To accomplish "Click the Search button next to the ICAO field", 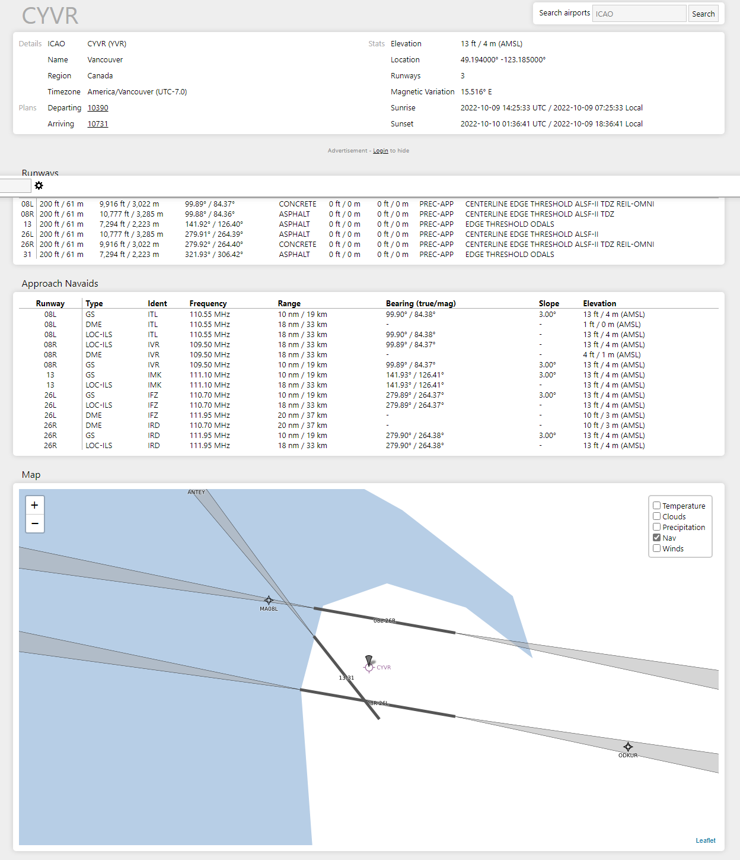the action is pyautogui.click(x=703, y=14).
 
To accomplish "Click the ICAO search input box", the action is pyautogui.click(x=639, y=14).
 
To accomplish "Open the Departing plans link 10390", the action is pyautogui.click(x=98, y=108).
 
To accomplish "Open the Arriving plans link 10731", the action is pyautogui.click(x=98, y=124).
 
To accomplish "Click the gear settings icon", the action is pyautogui.click(x=39, y=186).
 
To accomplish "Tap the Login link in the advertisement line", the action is pyautogui.click(x=381, y=151).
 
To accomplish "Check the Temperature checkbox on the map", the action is pyautogui.click(x=657, y=506).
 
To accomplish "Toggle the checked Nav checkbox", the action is pyautogui.click(x=657, y=538).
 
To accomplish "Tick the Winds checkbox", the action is pyautogui.click(x=657, y=548).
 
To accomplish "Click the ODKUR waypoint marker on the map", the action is pyautogui.click(x=628, y=747).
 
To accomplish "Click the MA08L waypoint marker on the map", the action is pyautogui.click(x=269, y=600).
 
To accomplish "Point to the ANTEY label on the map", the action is pyautogui.click(x=196, y=492).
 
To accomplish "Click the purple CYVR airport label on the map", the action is pyautogui.click(x=384, y=667).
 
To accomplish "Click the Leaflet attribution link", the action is pyautogui.click(x=706, y=840).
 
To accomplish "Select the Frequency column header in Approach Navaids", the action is pyautogui.click(x=208, y=303).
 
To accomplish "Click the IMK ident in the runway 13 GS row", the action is pyautogui.click(x=154, y=375).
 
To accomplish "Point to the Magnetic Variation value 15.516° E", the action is pyautogui.click(x=476, y=92).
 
